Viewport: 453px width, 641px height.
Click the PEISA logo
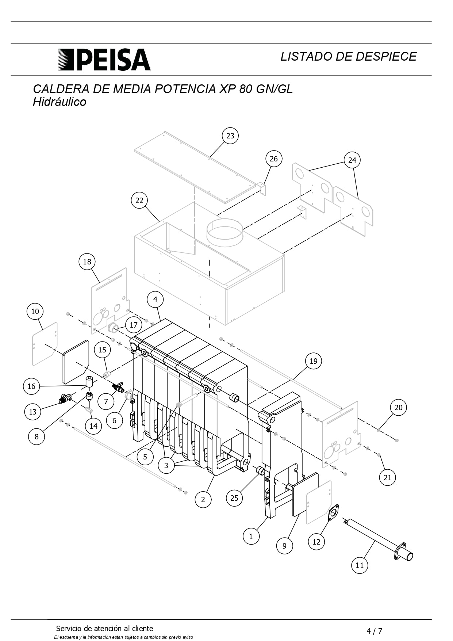104,60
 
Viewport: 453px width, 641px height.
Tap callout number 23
230,136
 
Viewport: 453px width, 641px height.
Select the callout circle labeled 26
274,159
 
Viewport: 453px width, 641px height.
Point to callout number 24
352,160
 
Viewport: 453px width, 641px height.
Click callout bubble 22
139,200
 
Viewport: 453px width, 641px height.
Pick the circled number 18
87,262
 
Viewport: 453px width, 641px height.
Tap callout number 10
35,311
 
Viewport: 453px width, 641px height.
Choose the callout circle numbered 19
314,361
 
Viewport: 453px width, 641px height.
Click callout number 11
360,565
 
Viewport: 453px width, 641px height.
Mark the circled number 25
234,498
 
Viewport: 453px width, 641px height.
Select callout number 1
251,536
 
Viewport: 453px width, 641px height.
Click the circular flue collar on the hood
224,232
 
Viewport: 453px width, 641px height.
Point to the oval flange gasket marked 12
333,512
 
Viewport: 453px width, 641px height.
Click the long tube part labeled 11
378,539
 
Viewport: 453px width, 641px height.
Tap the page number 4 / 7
375,631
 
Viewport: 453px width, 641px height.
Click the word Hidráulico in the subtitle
59,102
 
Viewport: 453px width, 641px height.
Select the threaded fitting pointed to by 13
65,398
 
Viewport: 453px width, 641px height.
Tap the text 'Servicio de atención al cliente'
104,629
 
